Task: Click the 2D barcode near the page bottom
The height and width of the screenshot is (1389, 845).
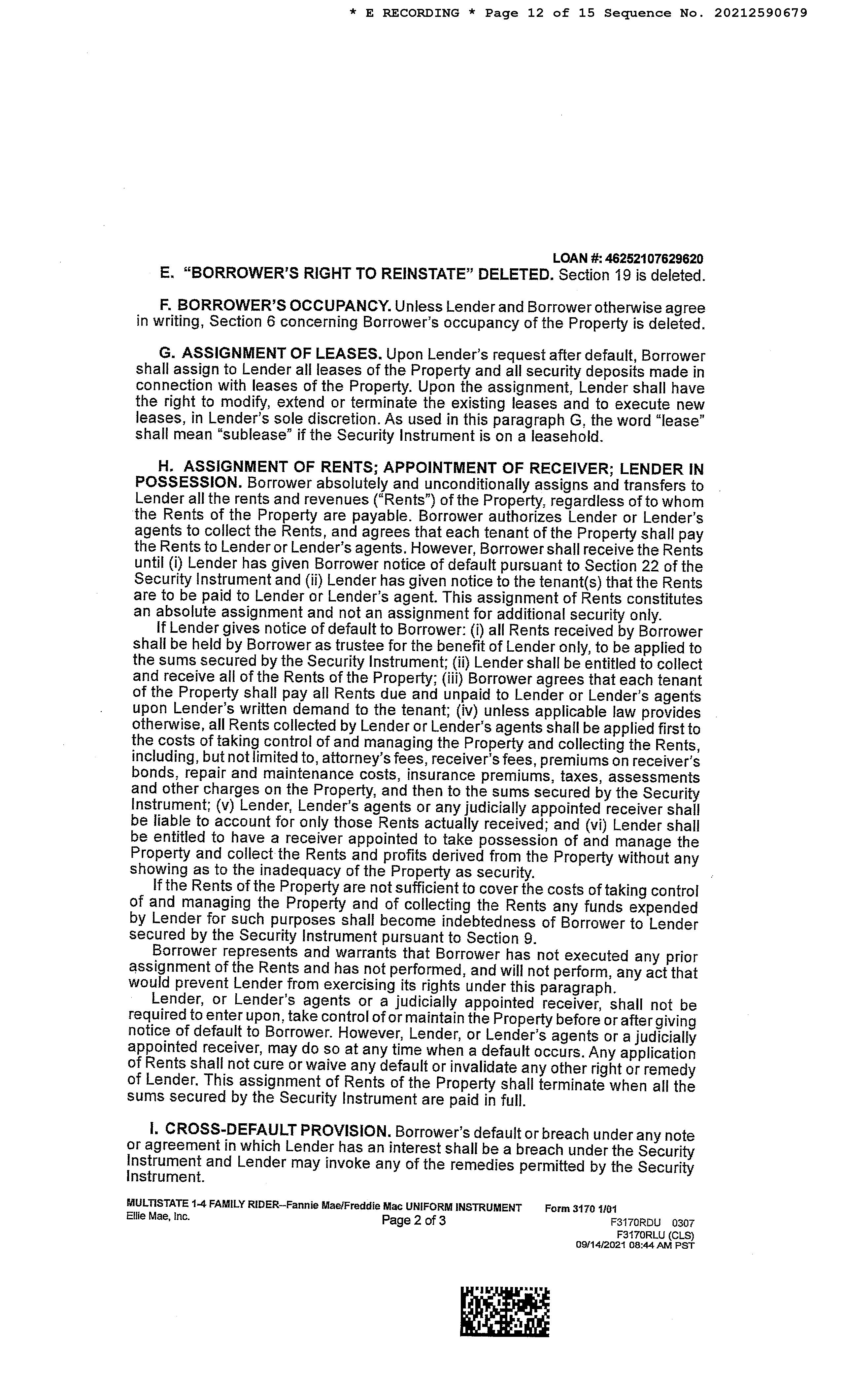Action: pos(504,1311)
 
